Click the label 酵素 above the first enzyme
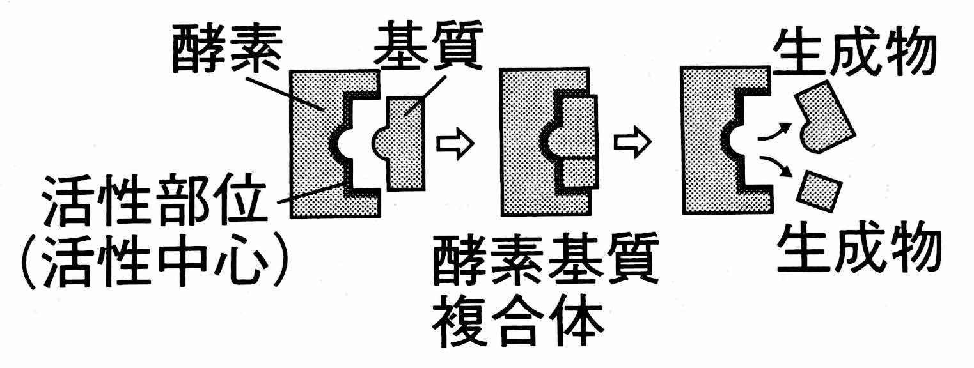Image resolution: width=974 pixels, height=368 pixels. [x=228, y=49]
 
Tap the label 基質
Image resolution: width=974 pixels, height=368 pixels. [x=428, y=45]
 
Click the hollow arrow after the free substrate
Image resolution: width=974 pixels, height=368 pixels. [x=455, y=143]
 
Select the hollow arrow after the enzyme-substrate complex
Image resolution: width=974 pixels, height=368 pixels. [x=632, y=142]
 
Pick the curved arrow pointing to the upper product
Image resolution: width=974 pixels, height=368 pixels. [x=774, y=132]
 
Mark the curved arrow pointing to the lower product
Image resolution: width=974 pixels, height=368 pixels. [x=774, y=165]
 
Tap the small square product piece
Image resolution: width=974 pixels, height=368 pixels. [x=819, y=191]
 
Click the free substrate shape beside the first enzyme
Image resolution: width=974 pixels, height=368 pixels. [x=399, y=143]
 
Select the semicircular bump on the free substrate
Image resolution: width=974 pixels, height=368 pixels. [x=380, y=143]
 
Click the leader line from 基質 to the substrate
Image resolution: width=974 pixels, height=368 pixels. [x=425, y=96]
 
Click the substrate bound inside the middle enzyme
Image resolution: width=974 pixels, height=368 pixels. [x=572, y=141]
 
